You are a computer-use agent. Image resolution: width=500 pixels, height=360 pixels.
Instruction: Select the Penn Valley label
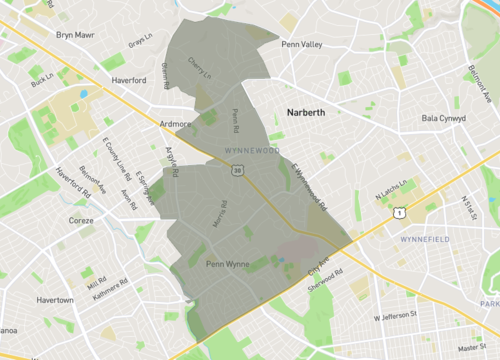(x=302, y=45)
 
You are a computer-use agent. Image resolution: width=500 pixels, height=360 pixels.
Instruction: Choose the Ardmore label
(x=175, y=124)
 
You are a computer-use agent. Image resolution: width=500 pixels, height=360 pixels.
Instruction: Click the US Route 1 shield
(x=398, y=211)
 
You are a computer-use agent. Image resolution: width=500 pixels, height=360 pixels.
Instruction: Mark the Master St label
(x=469, y=348)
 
